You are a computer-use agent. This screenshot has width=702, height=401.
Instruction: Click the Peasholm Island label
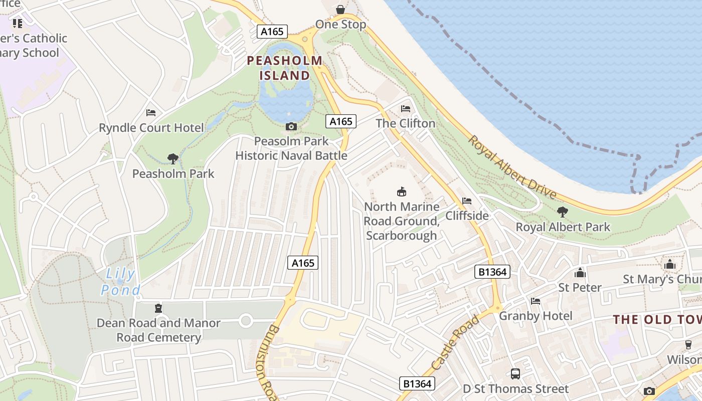[x=285, y=68]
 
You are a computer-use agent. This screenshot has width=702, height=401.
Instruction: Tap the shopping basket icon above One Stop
[x=340, y=10]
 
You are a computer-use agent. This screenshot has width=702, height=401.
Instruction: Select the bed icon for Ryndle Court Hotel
[x=151, y=113]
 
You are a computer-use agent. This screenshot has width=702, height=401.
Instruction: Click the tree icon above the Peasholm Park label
[x=173, y=159]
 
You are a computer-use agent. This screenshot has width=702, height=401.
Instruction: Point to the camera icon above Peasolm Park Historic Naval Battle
[x=291, y=126]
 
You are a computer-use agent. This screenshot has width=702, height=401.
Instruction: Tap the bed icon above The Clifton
[x=406, y=108]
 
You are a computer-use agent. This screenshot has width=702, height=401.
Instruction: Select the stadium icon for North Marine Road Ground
[x=401, y=191]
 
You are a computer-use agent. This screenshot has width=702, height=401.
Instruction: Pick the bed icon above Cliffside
[x=467, y=201]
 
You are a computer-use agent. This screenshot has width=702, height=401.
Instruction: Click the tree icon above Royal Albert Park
[x=563, y=212]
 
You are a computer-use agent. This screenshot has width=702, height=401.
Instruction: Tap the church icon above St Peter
[x=580, y=273]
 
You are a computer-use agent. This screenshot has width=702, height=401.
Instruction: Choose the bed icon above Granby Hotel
[x=536, y=301]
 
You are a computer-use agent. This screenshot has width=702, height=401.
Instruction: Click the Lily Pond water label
[x=120, y=282]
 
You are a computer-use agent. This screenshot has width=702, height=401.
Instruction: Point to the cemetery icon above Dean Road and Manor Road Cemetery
[x=158, y=308]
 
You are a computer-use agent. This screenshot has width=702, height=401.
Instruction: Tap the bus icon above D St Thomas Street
[x=515, y=373]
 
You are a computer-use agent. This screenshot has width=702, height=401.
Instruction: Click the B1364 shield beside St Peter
[x=492, y=272]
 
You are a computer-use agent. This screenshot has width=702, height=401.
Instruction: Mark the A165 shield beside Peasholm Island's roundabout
[x=272, y=32]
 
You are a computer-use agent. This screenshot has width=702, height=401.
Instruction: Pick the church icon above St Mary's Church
[x=670, y=265]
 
